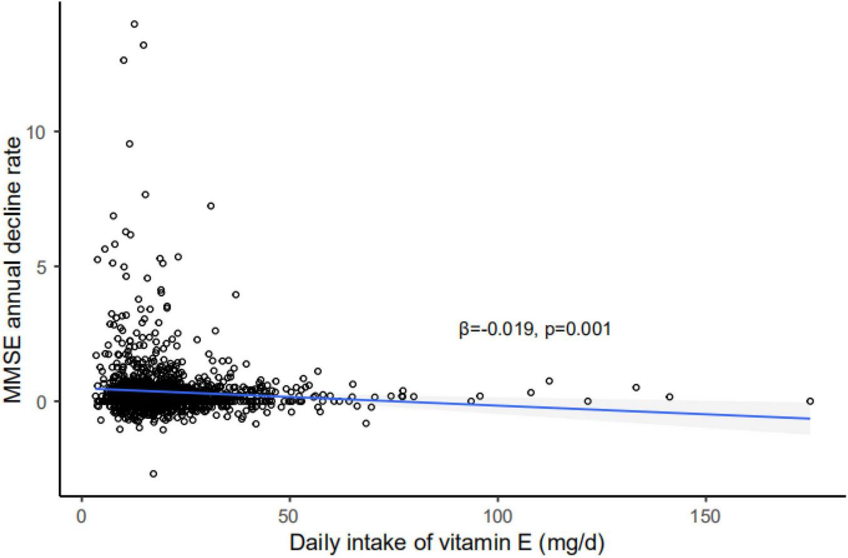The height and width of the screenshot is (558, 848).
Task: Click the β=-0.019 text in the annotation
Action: coord(498,329)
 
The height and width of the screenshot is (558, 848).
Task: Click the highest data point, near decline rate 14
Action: coord(134,24)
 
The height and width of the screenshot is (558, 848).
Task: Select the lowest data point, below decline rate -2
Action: coord(153,473)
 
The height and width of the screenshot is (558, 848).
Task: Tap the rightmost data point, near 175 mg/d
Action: coord(810,401)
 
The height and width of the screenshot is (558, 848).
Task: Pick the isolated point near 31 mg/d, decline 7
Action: coord(211,205)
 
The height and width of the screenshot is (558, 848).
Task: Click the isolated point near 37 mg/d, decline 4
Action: coord(236,294)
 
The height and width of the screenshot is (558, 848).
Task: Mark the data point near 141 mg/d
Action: coord(669,396)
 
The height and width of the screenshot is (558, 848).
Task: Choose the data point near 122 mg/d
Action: coord(588,401)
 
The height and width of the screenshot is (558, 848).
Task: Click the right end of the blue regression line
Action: coord(810,418)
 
